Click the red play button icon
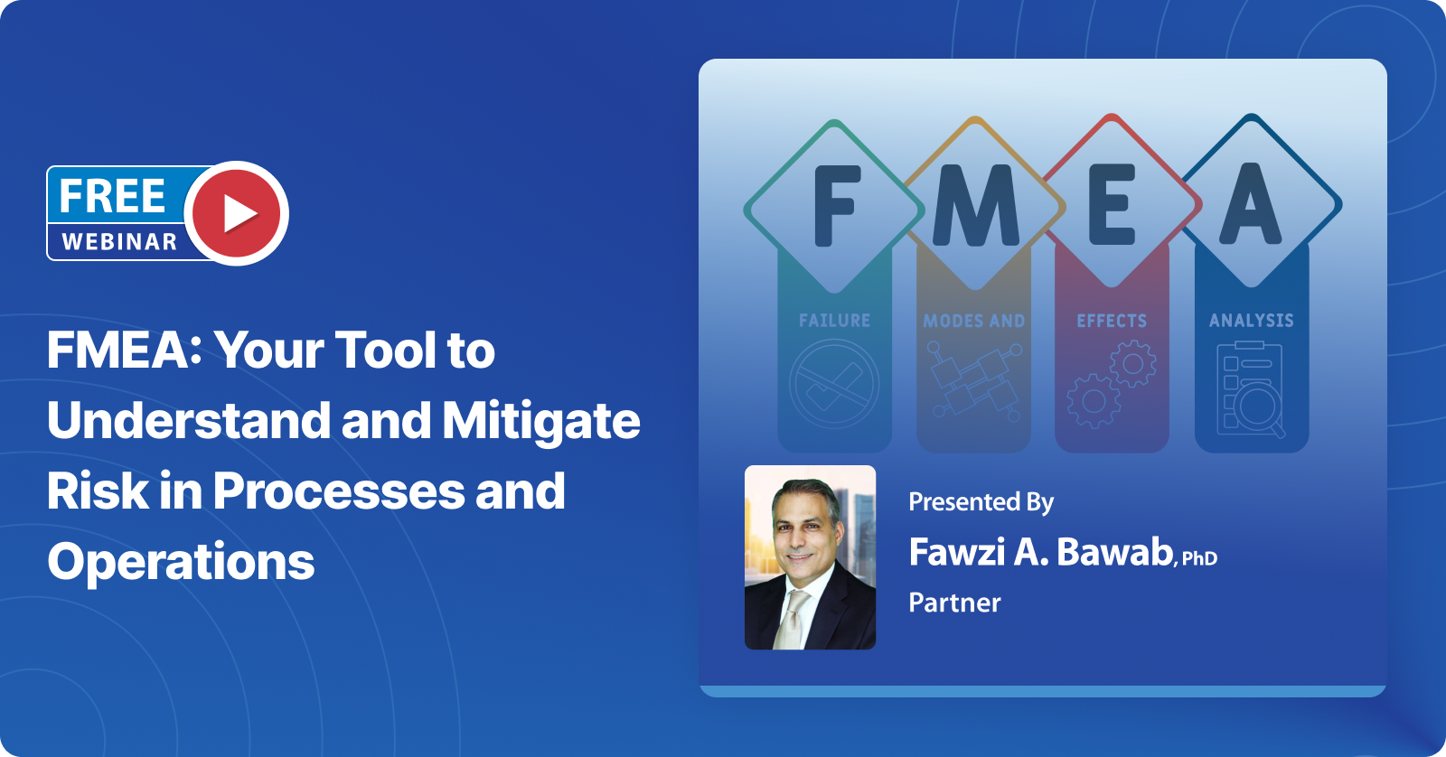(237, 213)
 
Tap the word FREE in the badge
(112, 196)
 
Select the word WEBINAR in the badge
(119, 241)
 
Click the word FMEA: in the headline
(124, 350)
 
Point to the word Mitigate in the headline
(540, 421)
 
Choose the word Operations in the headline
(181, 562)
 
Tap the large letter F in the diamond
(835, 206)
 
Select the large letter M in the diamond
(975, 206)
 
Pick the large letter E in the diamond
(1113, 205)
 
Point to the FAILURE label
(834, 321)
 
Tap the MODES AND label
(974, 321)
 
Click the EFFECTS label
(1112, 321)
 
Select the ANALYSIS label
(1252, 321)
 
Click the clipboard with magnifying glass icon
(1251, 389)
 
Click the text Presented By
(981, 502)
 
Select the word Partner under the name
(954, 603)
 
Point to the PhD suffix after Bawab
(1199, 558)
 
